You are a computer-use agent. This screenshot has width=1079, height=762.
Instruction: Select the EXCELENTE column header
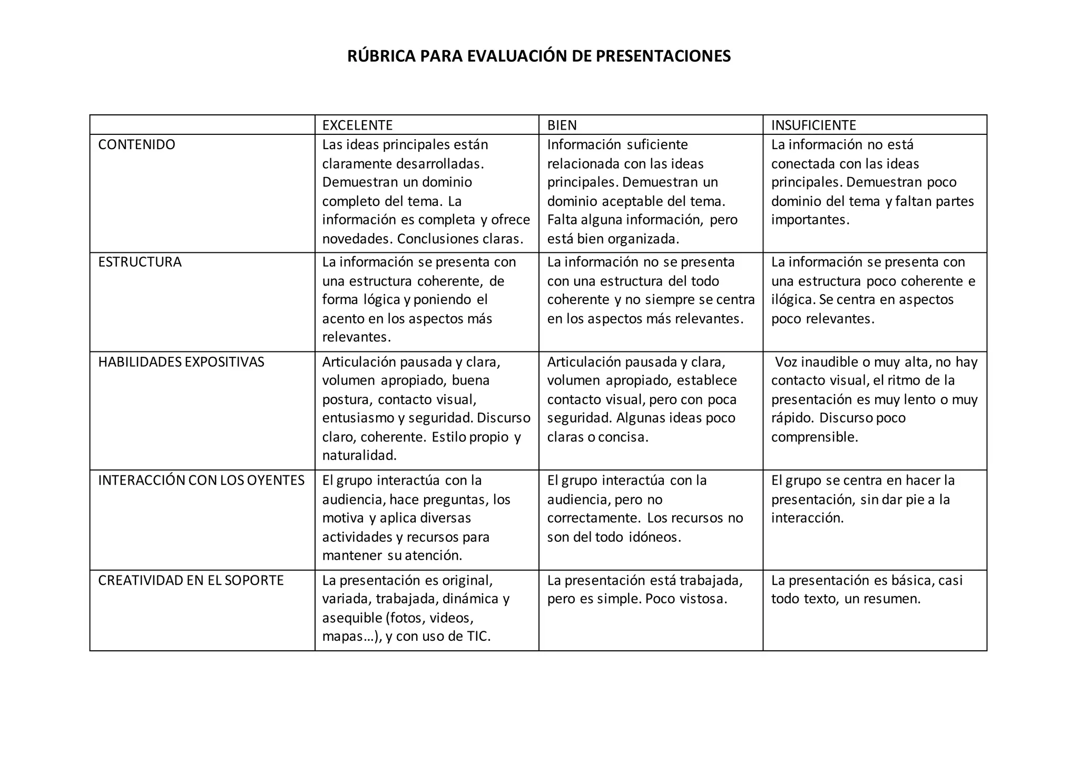point(357,125)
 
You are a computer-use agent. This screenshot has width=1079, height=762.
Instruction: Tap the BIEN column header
point(562,125)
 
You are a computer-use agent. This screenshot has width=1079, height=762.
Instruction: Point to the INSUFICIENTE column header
point(813,125)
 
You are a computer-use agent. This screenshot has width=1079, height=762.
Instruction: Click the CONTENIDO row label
point(136,145)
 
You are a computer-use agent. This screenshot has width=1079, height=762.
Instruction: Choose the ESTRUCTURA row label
point(140,262)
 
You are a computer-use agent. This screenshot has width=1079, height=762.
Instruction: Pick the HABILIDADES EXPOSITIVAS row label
point(181,363)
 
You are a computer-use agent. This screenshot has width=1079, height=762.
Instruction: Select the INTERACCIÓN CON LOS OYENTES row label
point(201,481)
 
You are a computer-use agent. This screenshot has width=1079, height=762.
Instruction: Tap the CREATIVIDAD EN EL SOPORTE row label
point(191,581)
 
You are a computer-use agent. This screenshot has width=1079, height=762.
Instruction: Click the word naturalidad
point(359,455)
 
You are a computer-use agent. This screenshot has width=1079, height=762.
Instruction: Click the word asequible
point(352,618)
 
